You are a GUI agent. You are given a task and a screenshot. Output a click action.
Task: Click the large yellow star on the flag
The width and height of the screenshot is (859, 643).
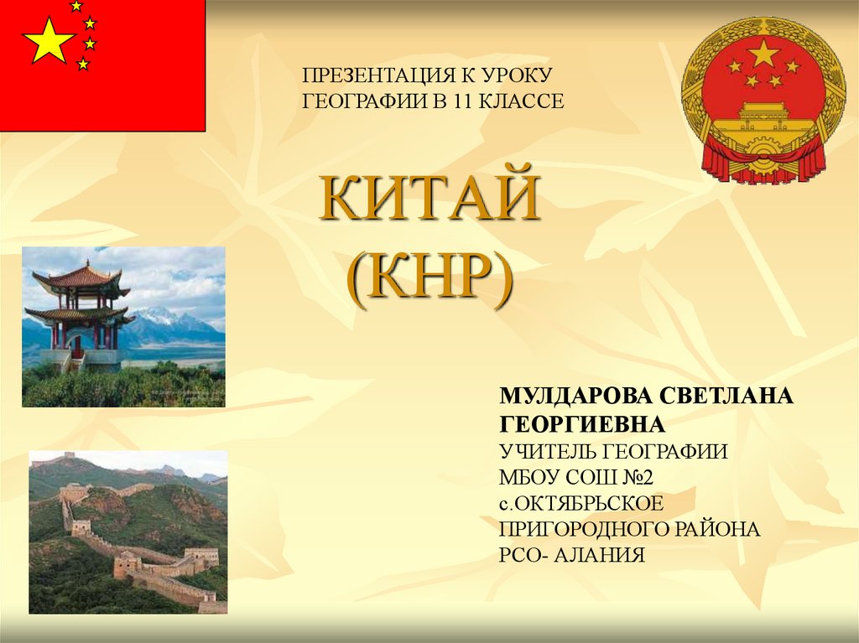pos(49,41)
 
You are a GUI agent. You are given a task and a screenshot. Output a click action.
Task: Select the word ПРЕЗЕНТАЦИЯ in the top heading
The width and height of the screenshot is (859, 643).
pos(377,76)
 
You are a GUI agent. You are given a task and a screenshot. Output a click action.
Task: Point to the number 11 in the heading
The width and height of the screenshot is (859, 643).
pos(443,101)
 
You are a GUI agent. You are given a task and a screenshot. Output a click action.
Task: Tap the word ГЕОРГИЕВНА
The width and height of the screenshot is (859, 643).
pos(582,423)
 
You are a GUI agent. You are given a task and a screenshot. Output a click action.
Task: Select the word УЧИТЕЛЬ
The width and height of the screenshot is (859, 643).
pos(546,451)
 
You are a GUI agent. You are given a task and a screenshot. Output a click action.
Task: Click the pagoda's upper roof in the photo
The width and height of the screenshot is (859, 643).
pos(76,277)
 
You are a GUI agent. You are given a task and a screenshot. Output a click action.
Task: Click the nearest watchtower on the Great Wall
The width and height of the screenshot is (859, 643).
pos(128,566)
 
